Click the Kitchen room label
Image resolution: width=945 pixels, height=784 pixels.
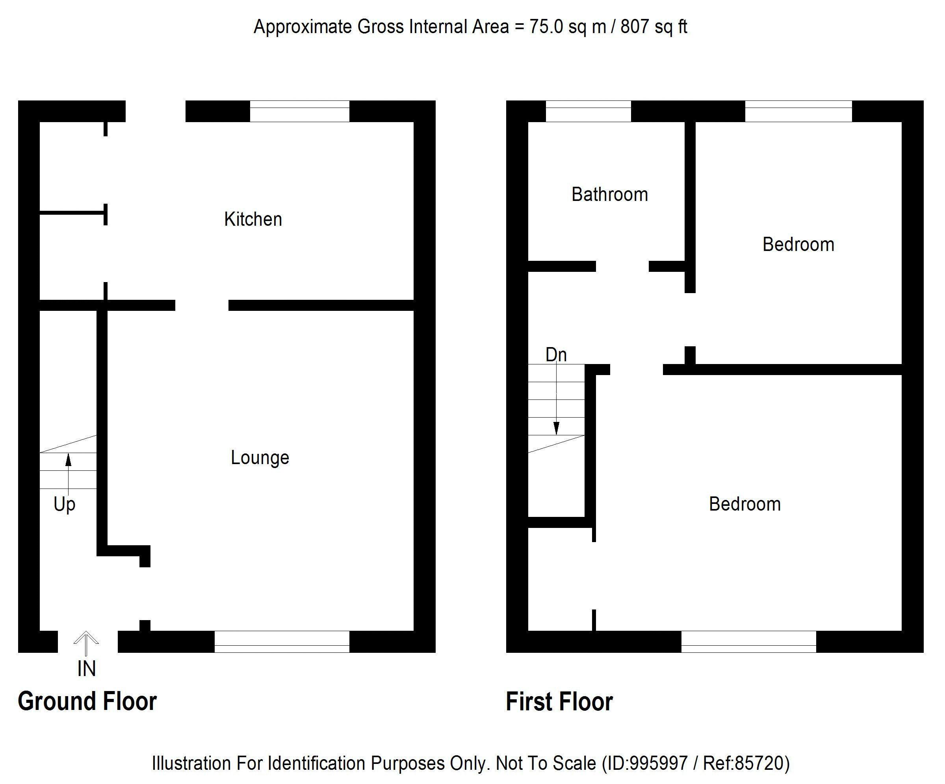pyautogui.click(x=253, y=219)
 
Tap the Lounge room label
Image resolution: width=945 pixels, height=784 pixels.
pyautogui.click(x=260, y=458)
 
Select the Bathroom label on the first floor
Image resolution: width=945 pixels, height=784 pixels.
pyautogui.click(x=609, y=195)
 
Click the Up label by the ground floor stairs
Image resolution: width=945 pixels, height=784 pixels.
pyautogui.click(x=64, y=505)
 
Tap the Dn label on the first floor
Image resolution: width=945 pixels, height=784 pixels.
pyautogui.click(x=556, y=355)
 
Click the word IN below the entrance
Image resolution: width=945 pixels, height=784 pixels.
pyautogui.click(x=86, y=669)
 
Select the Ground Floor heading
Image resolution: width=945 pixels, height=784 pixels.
pyautogui.click(x=87, y=701)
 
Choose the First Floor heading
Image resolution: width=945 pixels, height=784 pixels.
pyautogui.click(x=559, y=702)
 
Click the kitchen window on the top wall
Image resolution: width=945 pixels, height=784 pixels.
pyautogui.click(x=299, y=111)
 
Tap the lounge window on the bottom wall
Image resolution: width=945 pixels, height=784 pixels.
pyautogui.click(x=282, y=641)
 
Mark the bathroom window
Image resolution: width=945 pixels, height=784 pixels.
pyautogui.click(x=588, y=111)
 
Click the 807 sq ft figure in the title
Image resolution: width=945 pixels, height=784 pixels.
pyautogui.click(x=654, y=27)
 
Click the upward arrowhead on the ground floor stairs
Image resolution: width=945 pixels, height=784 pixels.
pyautogui.click(x=69, y=459)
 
